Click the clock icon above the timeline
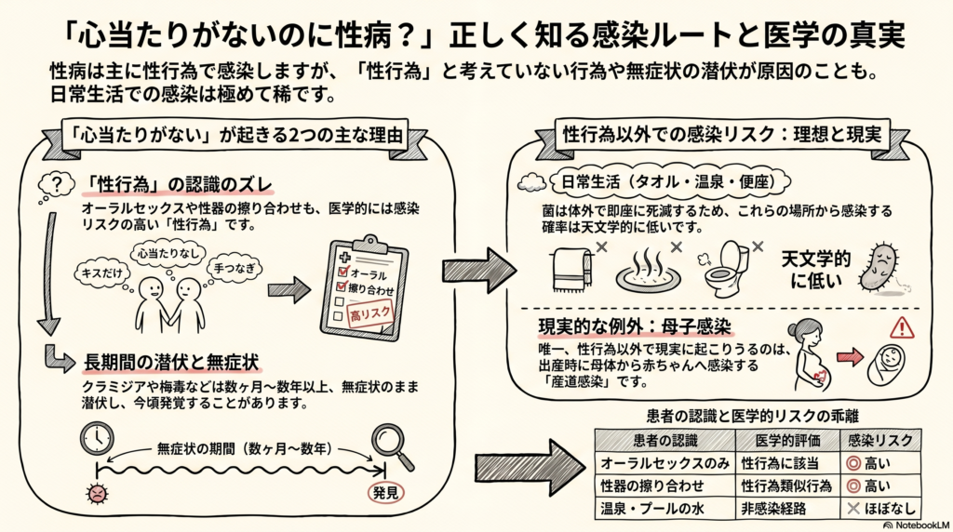click(97, 438)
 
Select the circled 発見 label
click(386, 493)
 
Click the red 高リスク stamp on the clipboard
click(369, 314)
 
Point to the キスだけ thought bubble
click(102, 273)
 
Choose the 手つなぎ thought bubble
click(235, 268)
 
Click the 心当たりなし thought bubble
click(168, 253)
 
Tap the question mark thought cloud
click(56, 184)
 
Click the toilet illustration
click(726, 269)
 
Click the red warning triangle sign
click(902, 328)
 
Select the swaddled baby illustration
click(886, 365)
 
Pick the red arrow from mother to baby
click(850, 357)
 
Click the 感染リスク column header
click(879, 440)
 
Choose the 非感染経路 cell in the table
click(773, 509)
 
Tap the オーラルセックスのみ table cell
click(664, 463)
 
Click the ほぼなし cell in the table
click(880, 509)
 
